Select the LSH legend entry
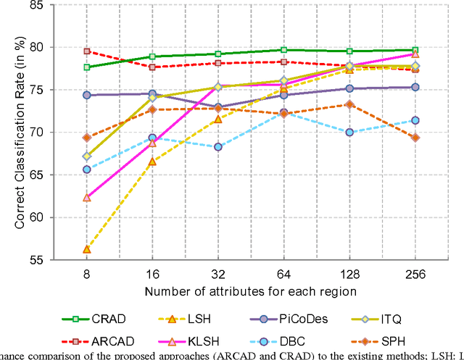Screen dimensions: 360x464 pyautogui.click(x=212, y=319)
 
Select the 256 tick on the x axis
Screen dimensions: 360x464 pyautogui.click(x=415, y=275)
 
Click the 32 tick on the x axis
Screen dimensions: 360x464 pyautogui.click(x=218, y=275)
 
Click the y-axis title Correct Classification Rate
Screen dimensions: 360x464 pyautogui.click(x=22, y=133)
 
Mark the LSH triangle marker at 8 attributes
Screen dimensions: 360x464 pyautogui.click(x=86, y=249)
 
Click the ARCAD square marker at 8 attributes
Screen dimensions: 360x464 pyautogui.click(x=86, y=51)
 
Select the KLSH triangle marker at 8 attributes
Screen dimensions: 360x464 pyautogui.click(x=86, y=197)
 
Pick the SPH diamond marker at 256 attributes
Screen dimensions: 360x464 pyautogui.click(x=415, y=138)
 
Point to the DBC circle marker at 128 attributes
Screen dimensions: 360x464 pyautogui.click(x=349, y=133)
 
